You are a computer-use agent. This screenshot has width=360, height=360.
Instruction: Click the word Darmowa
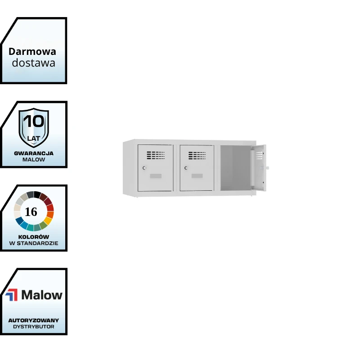pos(32,51)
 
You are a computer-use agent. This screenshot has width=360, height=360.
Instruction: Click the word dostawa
pos(33,63)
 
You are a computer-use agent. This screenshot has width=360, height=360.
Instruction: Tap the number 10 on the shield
pos(34,121)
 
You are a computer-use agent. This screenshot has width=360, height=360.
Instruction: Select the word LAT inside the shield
pos(34,138)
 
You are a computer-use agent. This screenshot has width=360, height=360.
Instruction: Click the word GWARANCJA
pos(34,153)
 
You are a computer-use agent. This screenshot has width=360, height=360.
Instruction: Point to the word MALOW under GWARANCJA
pos(34,160)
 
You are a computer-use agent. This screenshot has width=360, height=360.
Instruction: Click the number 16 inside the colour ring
pos(31,212)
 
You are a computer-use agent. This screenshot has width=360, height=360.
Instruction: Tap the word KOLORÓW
pos(34,237)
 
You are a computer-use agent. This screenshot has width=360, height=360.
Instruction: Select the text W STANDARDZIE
pos(34,243)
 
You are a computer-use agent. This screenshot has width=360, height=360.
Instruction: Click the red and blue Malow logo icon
pos(11,295)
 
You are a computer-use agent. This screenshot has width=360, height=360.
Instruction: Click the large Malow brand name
pos(42,295)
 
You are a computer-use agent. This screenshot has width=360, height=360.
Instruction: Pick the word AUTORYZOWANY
pos(34,320)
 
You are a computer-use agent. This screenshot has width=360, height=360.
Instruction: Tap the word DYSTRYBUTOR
pos(34,327)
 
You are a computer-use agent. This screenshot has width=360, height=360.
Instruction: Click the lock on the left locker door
pos(144,168)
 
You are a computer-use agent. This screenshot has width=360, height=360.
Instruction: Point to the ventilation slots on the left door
pos(156,155)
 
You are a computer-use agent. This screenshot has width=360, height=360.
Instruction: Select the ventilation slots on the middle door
pos(197,156)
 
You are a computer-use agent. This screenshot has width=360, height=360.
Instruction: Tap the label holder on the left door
pos(155,175)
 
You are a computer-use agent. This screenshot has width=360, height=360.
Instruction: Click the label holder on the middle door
pos(197,175)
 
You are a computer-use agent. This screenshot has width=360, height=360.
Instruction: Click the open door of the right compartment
pos(259,167)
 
